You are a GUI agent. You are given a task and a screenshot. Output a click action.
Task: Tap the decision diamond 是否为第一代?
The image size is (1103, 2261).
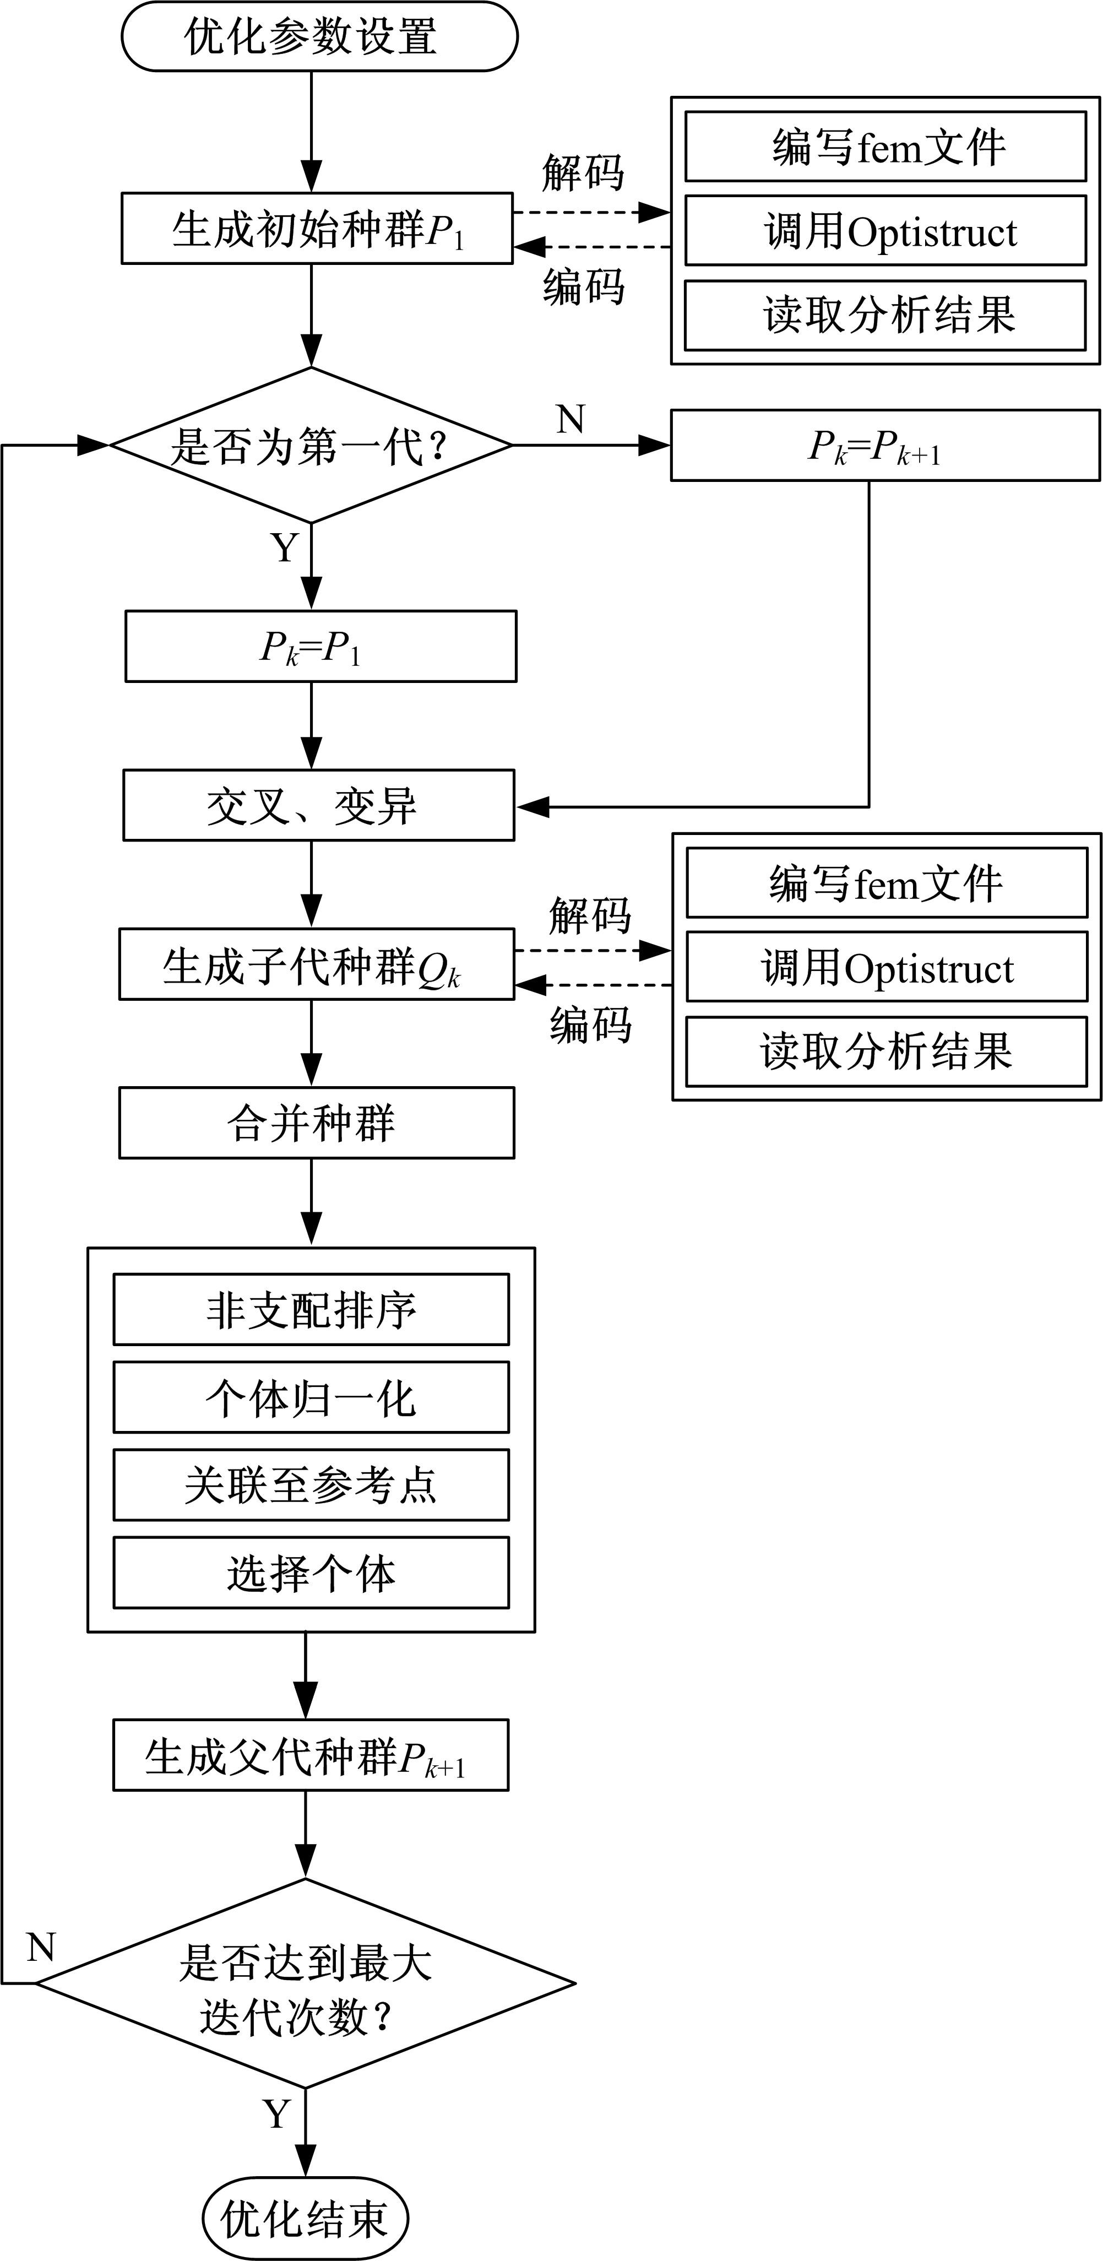[x=311, y=445]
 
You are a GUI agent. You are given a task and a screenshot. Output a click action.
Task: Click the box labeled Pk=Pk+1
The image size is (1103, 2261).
[x=884, y=446]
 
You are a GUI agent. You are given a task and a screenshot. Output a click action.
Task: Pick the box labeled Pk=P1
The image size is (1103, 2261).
[x=320, y=647]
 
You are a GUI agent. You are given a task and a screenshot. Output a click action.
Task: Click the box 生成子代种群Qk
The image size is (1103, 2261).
[x=317, y=964]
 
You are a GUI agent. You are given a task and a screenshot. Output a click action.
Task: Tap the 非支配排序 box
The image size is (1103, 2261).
[x=311, y=1310]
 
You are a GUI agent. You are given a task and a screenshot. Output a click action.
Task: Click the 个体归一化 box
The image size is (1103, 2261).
[x=311, y=1397]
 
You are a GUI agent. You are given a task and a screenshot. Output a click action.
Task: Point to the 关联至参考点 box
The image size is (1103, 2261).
[x=311, y=1485]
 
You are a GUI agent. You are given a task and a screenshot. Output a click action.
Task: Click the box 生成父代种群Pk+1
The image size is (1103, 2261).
[x=311, y=1755]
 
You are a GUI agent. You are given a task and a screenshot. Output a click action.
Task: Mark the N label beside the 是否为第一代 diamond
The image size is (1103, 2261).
[x=570, y=420]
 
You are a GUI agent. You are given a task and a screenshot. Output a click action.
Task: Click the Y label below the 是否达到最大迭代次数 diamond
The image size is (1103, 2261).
[x=276, y=2113]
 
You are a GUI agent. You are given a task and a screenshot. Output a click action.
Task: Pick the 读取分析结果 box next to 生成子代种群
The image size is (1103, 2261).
[x=886, y=1051]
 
